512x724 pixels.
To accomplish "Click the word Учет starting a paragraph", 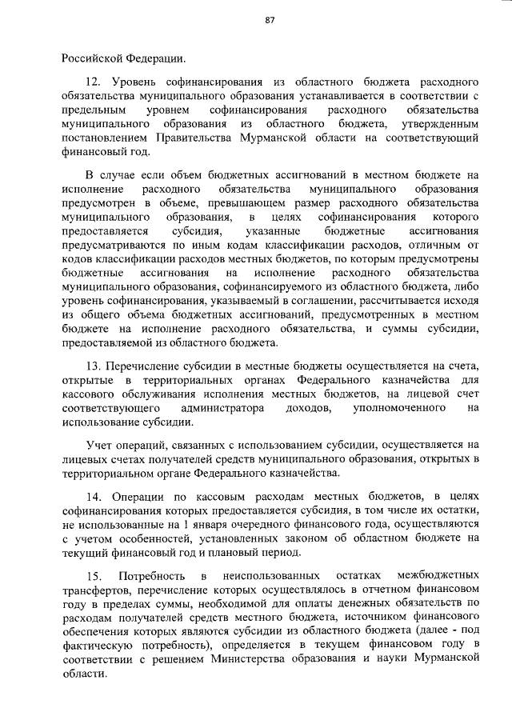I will click(x=100, y=444).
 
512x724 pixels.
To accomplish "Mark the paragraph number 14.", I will click(x=93, y=496).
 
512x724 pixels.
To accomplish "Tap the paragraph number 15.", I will click(x=93, y=575).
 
